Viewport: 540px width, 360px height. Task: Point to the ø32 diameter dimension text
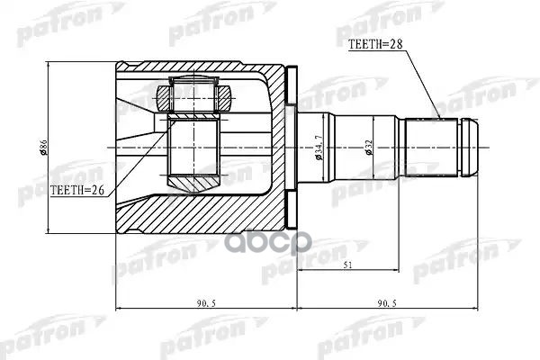coord(369,148)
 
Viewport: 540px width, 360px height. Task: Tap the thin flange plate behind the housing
coord(291,147)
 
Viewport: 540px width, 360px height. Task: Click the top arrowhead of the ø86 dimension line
coord(50,68)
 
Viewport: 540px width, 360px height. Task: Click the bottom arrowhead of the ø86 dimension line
coord(50,227)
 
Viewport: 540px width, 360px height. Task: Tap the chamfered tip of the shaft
coord(472,148)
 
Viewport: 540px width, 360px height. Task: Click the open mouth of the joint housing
coord(121,148)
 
